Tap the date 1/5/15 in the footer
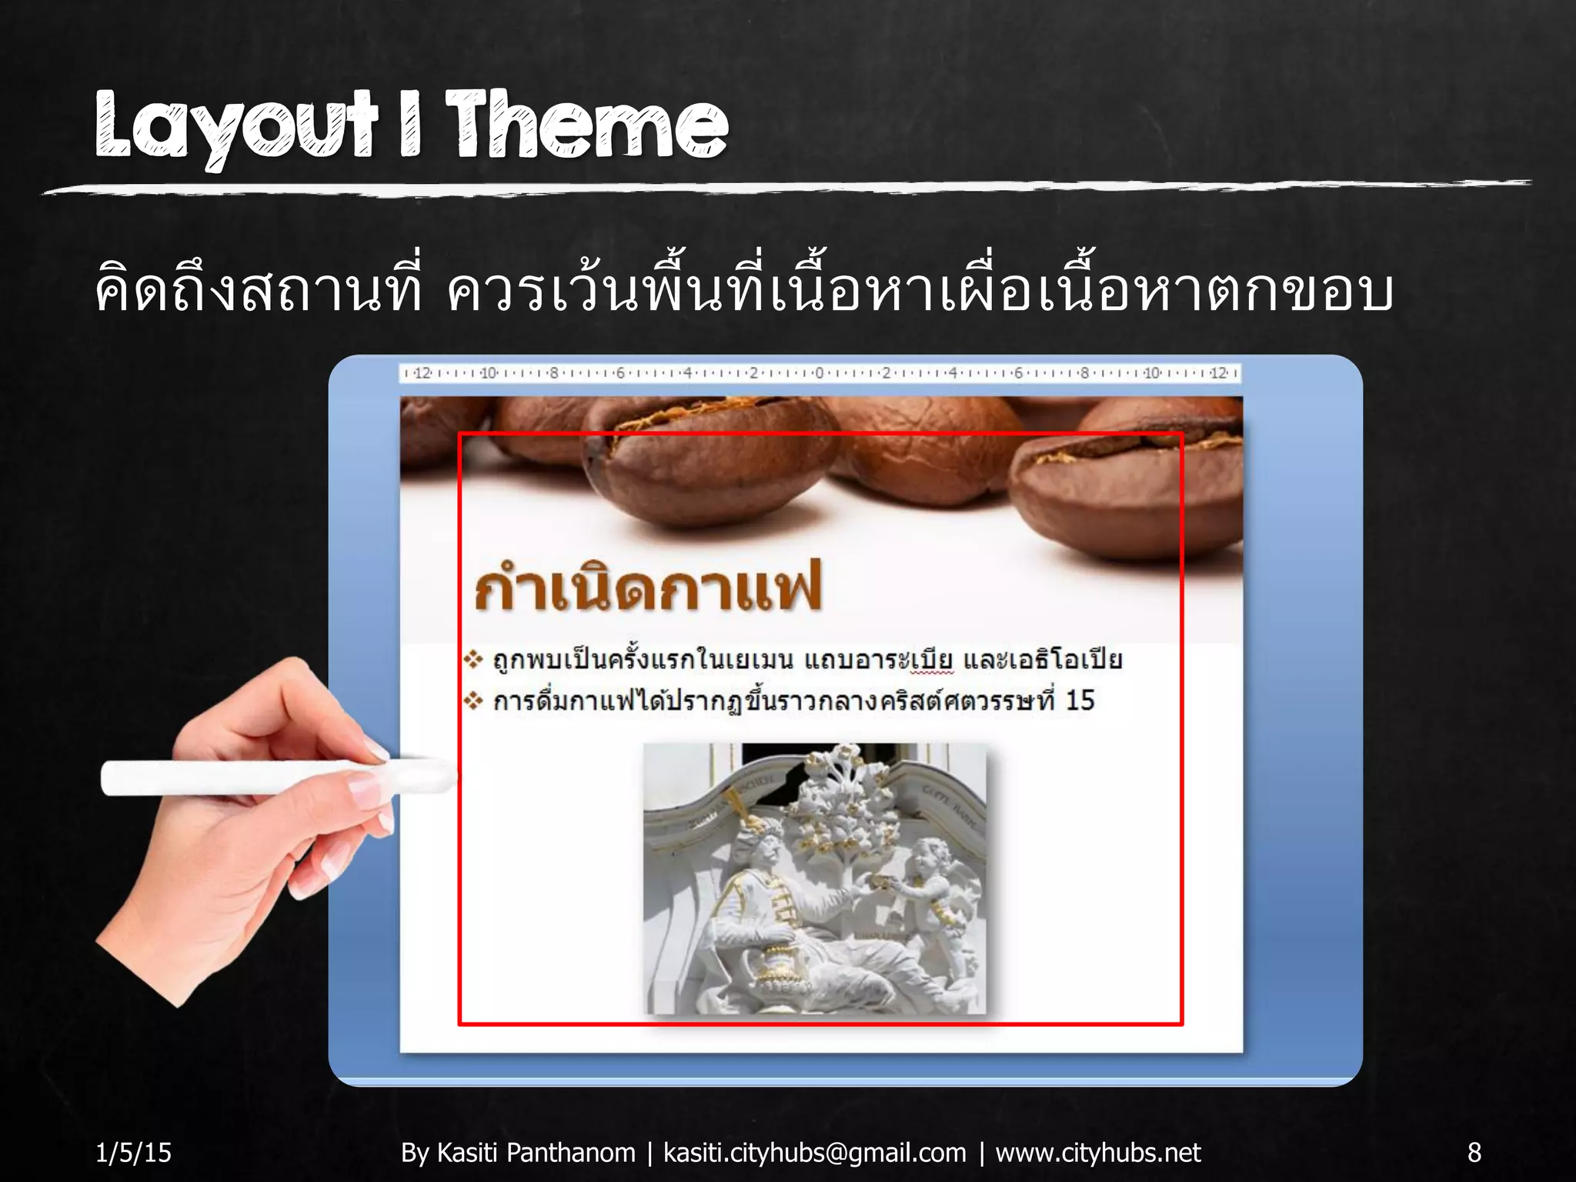pos(133,1152)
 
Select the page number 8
pos(1474,1152)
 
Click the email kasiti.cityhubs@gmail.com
pos(814,1152)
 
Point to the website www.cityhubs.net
pos(1097,1152)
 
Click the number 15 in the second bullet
pos(1079,700)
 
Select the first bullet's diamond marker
pos(472,659)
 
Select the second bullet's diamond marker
pos(472,700)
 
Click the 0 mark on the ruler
pos(819,373)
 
